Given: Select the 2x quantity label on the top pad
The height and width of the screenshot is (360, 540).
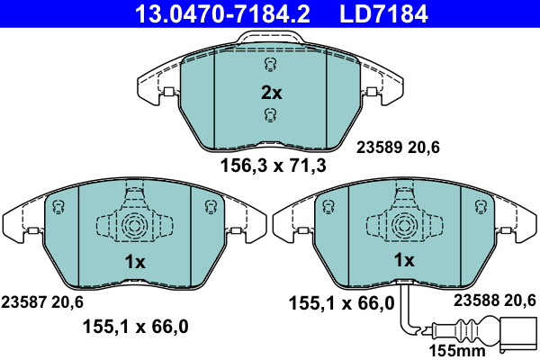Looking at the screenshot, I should point(271,93).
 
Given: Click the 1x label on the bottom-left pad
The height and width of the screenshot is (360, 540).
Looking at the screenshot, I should point(134,261).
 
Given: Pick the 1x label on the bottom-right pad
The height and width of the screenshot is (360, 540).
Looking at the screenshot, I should point(404,261).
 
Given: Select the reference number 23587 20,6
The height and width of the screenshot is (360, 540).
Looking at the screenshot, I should point(44,301).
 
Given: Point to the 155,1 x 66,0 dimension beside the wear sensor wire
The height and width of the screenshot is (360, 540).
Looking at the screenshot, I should point(341,303).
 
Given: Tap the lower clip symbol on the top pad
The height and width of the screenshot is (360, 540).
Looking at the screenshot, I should point(270,113).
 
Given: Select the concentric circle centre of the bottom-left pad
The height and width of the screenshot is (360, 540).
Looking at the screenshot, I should point(134,224).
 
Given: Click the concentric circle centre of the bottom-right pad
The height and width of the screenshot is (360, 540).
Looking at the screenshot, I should point(404,224).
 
